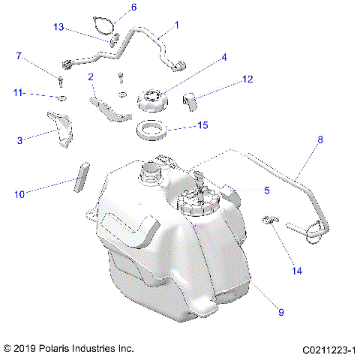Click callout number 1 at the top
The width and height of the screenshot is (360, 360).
click(x=176, y=25)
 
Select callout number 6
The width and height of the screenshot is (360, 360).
click(x=134, y=7)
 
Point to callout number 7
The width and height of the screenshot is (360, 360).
click(x=19, y=56)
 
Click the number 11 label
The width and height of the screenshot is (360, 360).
click(x=18, y=93)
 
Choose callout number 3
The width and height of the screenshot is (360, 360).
click(x=19, y=139)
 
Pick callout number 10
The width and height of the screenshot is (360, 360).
click(x=19, y=194)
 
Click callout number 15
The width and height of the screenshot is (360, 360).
click(x=202, y=126)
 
